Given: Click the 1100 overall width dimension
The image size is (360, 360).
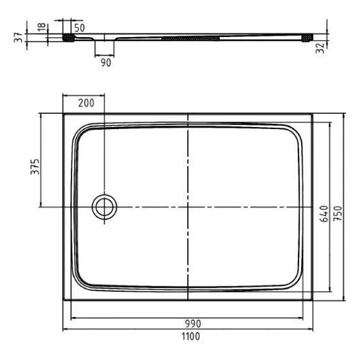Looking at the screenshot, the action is (x=191, y=336).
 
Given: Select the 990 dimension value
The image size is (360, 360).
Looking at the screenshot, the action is (x=193, y=324).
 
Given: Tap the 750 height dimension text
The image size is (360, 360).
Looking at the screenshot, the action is (x=337, y=214).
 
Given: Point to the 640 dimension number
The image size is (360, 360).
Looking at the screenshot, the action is (x=324, y=214).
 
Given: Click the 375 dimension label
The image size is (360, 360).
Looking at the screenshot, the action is (x=35, y=167).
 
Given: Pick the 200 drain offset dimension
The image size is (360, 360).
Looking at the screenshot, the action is (x=86, y=103).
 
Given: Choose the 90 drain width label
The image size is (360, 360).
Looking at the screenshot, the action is (x=106, y=63).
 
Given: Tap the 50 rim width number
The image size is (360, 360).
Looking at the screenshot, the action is (x=79, y=28).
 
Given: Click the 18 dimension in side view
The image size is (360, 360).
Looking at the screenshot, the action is (x=42, y=28).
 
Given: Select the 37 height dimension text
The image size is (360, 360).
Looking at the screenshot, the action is (x=19, y=38).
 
